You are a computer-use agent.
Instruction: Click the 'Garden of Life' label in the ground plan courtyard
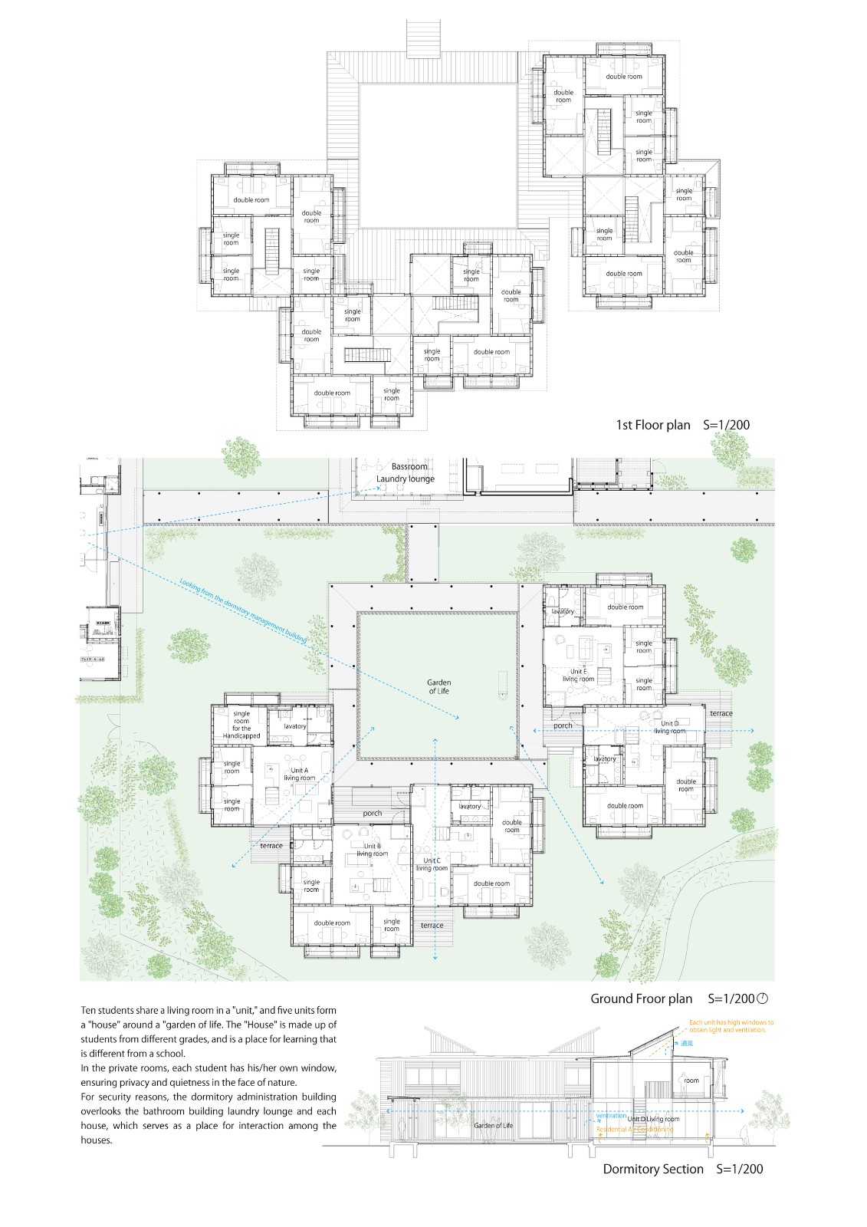point(438,686)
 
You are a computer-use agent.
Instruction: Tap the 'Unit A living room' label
point(298,774)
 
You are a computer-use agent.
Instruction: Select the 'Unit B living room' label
point(373,850)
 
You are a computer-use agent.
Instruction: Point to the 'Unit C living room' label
point(432,864)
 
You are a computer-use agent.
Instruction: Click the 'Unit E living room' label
point(578,675)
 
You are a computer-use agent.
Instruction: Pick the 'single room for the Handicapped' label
point(241,725)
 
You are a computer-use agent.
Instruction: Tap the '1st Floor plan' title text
point(653,425)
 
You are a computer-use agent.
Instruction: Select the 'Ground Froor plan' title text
point(641,998)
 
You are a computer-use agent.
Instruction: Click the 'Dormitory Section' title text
point(652,1169)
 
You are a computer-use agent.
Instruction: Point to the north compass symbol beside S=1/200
point(763,998)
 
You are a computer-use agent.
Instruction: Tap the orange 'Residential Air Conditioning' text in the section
point(635,1130)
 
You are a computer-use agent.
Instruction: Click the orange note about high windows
point(731,1026)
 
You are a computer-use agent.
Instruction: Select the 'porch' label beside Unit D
point(563,725)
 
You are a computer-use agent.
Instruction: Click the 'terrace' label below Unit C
point(432,926)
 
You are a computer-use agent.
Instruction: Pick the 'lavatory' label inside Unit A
point(295,726)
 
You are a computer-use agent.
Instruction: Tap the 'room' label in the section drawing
point(691,1081)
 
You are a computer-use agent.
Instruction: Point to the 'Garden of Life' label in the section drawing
point(493,1125)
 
